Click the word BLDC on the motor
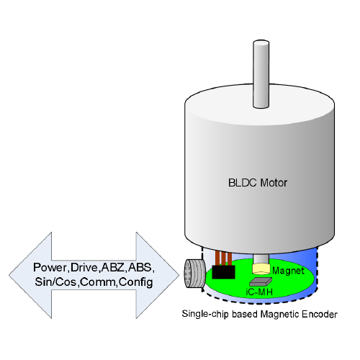243,183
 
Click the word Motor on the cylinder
274,183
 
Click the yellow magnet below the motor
261,269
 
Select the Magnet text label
288,271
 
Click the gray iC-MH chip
261,282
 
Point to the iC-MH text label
259,292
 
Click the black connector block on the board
223,272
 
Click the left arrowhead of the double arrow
30,275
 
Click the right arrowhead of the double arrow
158,275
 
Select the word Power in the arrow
50,267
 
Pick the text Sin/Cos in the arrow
55,282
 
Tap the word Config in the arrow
136,282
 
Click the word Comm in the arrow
98,282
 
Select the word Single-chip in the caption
205,314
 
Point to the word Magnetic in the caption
280,314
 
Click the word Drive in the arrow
84,267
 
